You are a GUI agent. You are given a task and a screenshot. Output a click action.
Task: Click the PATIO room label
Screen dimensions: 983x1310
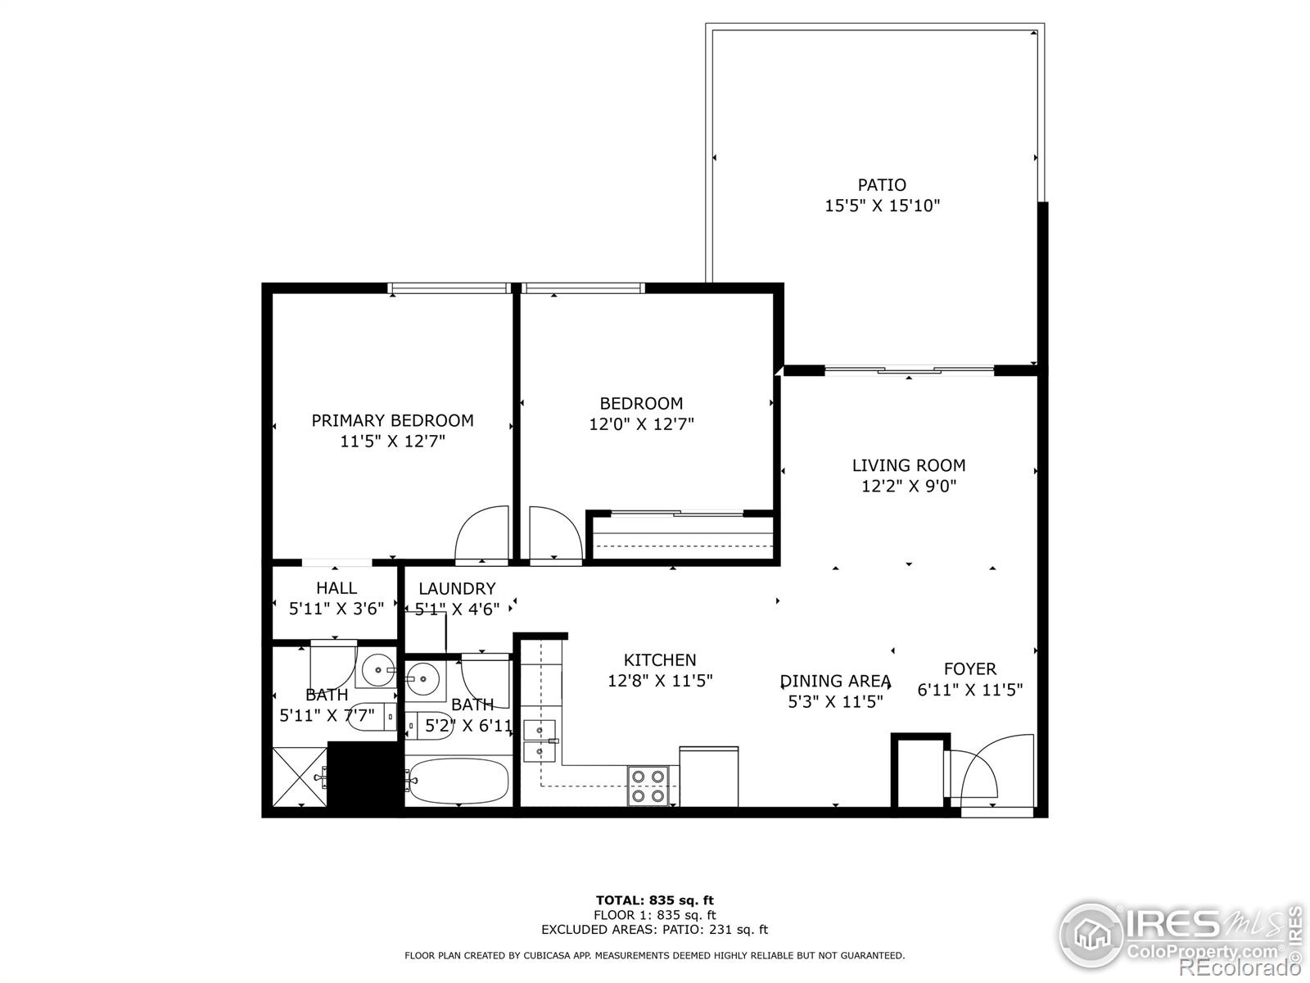882,185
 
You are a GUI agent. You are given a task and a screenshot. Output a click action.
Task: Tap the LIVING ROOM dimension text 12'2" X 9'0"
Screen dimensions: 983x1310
909,486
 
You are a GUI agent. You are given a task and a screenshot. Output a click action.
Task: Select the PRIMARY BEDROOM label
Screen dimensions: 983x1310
392,420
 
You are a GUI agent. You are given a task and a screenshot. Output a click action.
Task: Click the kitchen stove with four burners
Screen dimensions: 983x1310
648,786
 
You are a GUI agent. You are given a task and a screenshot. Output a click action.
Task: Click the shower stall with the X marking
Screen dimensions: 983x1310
299,776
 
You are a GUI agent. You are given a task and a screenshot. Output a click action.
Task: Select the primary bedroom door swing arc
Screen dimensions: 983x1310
483,532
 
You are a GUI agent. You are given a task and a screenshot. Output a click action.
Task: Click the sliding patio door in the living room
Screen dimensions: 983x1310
909,371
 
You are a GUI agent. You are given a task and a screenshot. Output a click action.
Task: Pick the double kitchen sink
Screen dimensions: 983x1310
539,740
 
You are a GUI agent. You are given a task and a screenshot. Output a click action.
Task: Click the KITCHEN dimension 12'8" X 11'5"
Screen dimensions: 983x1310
660,681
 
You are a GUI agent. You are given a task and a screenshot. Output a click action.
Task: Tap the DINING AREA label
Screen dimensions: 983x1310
835,681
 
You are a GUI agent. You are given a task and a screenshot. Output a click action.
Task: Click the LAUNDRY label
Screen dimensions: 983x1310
457,588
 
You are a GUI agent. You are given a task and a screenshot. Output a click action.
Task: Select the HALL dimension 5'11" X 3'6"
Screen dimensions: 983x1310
337,609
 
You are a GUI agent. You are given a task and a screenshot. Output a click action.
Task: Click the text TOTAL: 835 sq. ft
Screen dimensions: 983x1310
654,900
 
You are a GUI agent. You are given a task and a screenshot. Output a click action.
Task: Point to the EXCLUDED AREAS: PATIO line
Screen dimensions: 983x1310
654,930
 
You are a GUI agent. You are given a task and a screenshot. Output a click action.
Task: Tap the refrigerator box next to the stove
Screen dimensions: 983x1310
709,776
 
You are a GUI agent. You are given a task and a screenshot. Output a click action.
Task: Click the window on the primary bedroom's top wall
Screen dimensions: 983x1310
448,288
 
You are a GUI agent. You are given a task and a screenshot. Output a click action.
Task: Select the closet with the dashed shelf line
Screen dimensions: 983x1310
682,541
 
